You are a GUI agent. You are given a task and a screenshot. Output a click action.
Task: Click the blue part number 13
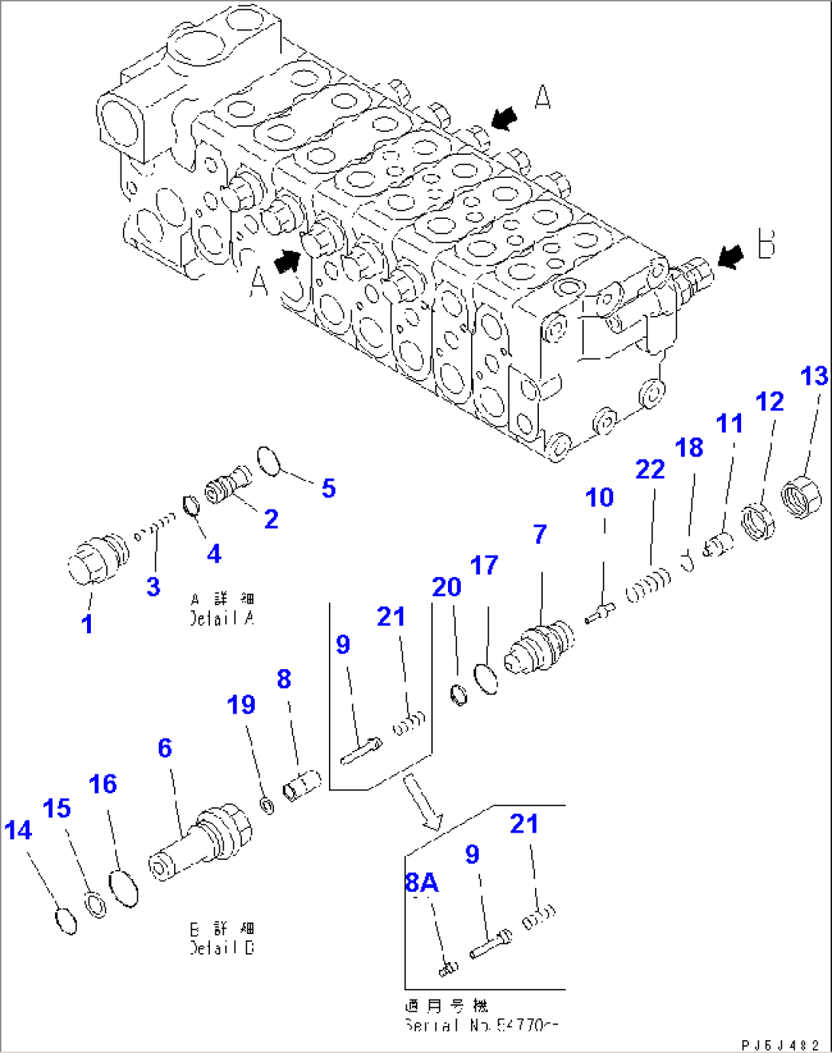point(814,376)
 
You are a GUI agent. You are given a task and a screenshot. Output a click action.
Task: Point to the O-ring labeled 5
point(269,461)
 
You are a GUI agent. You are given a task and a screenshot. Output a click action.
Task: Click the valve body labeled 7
point(540,648)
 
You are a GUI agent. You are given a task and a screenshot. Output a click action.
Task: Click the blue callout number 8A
point(421,883)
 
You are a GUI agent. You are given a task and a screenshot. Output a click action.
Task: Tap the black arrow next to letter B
point(730,256)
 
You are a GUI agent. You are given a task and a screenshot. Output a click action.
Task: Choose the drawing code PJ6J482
point(779,1045)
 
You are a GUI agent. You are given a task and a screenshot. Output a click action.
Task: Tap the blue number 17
point(484,565)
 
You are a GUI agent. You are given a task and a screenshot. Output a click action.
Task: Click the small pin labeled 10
point(600,613)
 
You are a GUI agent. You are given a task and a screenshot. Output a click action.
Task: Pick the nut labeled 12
point(759,520)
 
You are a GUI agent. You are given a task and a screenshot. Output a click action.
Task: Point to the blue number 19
point(241,704)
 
